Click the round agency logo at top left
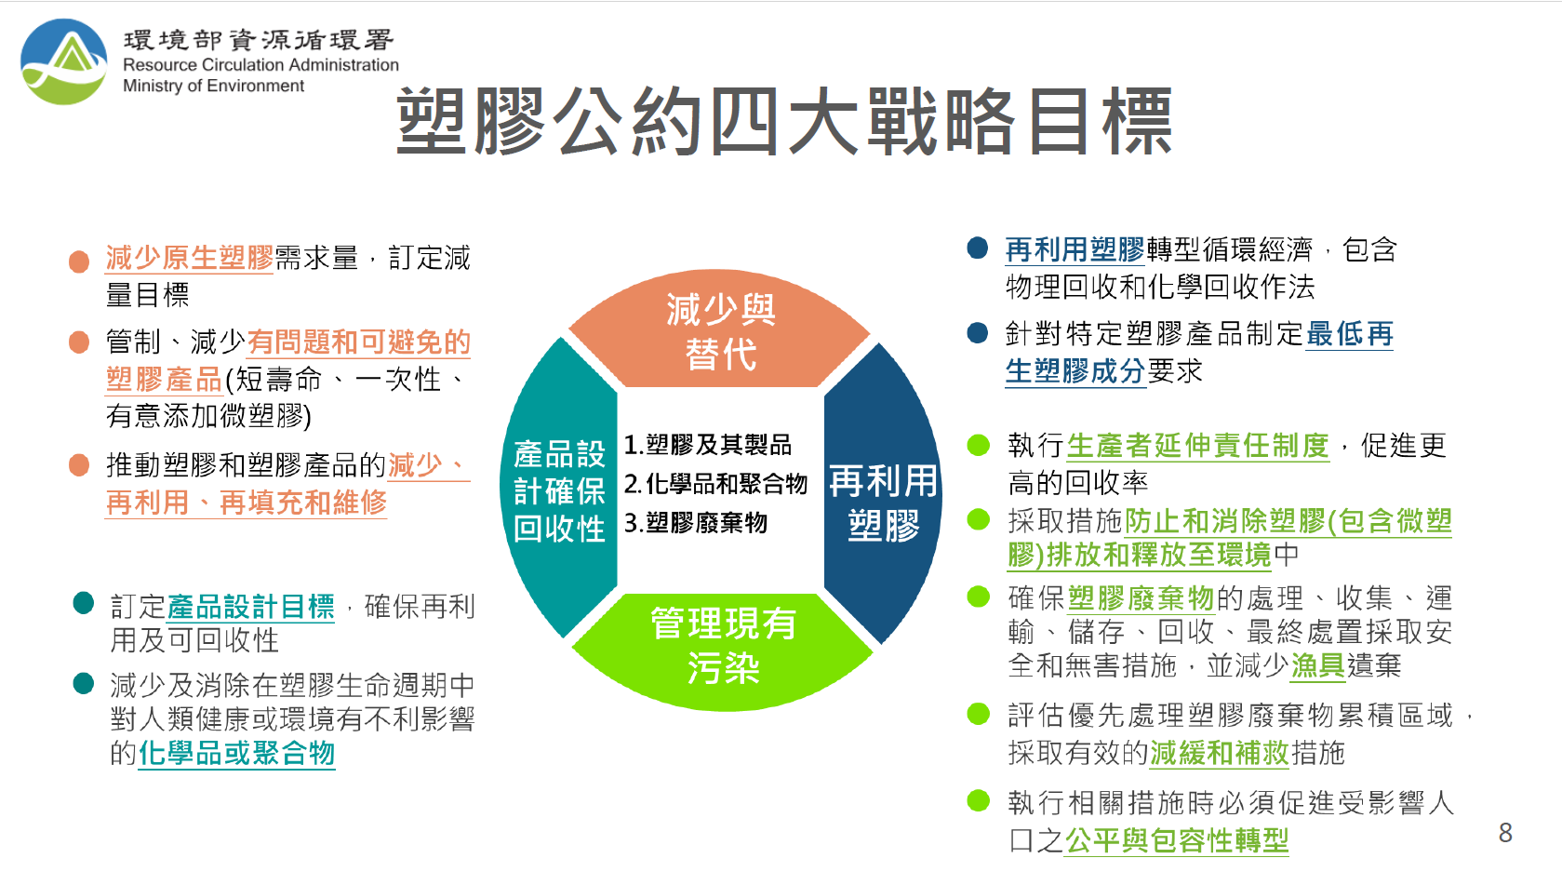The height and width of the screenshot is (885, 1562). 64,61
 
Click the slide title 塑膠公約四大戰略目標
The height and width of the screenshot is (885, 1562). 784,122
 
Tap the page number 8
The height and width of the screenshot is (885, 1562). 1505,833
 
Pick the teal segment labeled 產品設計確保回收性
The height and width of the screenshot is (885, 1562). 559,489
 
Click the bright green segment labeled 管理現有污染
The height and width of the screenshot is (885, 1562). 723,649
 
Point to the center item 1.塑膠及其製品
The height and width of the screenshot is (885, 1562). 707,444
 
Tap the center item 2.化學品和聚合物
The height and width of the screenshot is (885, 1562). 715,483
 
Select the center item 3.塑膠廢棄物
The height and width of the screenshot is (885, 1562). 695,522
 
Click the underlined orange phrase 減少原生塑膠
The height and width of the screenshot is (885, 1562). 189,258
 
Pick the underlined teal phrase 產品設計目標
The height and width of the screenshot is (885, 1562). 250,607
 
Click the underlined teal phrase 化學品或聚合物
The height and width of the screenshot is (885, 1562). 236,753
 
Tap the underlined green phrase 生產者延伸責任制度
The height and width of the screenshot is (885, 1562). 1198,446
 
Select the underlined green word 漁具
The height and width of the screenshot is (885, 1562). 1317,665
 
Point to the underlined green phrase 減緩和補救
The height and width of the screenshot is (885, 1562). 1219,753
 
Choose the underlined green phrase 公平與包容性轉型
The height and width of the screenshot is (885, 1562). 1176,840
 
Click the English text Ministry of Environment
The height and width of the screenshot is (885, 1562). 213,86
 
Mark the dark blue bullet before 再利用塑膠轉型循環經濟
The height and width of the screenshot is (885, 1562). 978,248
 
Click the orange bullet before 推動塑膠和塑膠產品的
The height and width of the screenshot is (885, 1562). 79,465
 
